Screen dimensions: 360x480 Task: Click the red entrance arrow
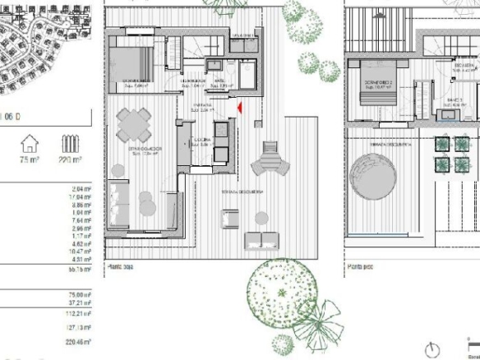238,107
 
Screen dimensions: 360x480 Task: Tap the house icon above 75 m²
30,144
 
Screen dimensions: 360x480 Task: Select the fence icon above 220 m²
69,145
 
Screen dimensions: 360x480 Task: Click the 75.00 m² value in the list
80,293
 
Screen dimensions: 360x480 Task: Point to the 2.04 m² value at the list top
81,189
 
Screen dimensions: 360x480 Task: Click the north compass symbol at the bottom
433,348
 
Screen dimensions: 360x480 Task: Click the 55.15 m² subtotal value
80,270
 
